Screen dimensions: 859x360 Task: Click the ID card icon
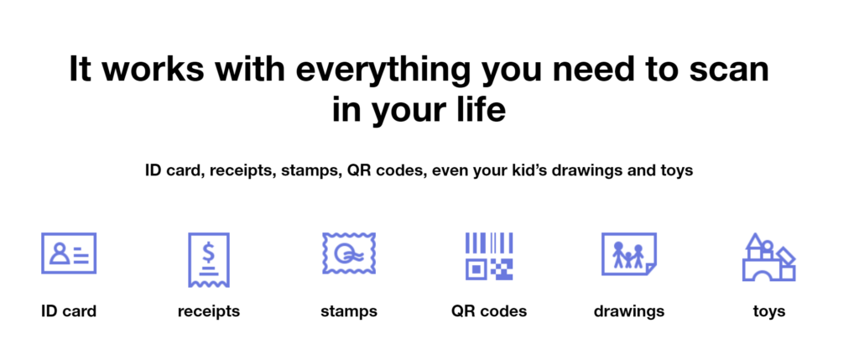pyautogui.click(x=69, y=253)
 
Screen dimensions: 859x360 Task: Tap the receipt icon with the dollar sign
pyautogui.click(x=209, y=260)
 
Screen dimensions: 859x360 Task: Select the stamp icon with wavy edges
pyautogui.click(x=349, y=253)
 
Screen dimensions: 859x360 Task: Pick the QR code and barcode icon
pyautogui.click(x=489, y=257)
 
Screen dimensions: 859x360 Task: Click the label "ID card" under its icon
pyautogui.click(x=69, y=311)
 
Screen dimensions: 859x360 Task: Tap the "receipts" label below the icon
pyautogui.click(x=209, y=312)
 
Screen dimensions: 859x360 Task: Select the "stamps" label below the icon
pyautogui.click(x=349, y=312)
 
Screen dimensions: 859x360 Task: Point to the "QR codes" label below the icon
pyautogui.click(x=489, y=311)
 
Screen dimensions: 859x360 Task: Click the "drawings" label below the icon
pyautogui.click(x=629, y=312)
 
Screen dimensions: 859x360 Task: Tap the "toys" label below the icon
pyautogui.click(x=769, y=312)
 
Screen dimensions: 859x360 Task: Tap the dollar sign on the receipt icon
pyautogui.click(x=208, y=253)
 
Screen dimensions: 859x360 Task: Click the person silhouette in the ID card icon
pyautogui.click(x=59, y=253)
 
